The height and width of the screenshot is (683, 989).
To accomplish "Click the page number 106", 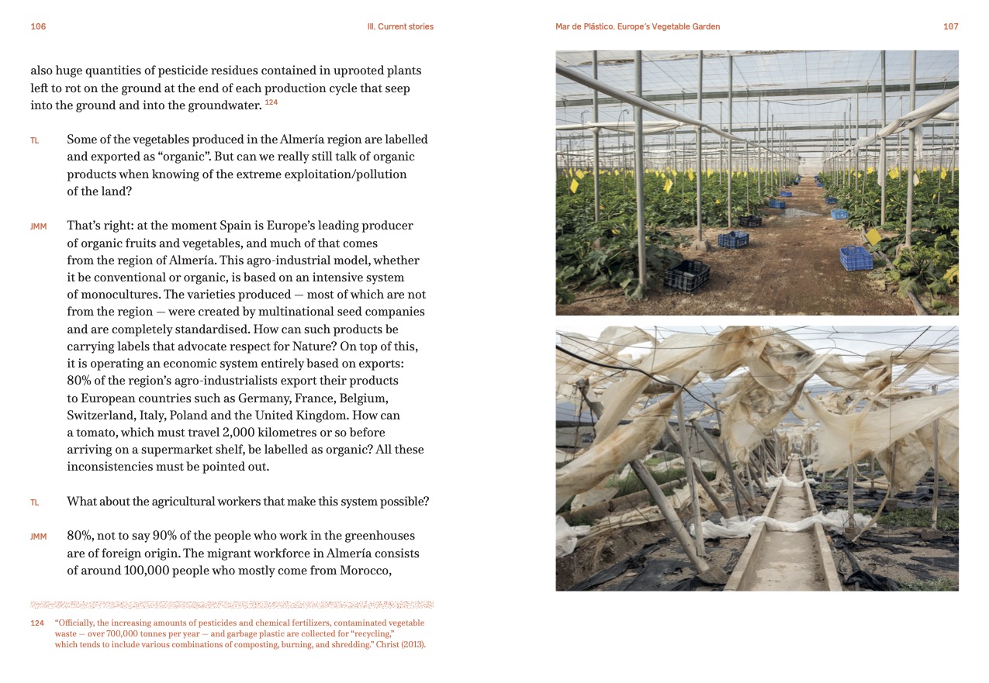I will pyautogui.click(x=38, y=26).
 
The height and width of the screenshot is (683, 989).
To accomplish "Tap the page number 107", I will pyautogui.click(x=950, y=26).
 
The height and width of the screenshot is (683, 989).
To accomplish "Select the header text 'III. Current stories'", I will pyautogui.click(x=399, y=26).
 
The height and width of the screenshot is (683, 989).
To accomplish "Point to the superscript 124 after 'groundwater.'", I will pyautogui.click(x=271, y=102).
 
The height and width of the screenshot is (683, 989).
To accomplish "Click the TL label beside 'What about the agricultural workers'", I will pyautogui.click(x=35, y=502).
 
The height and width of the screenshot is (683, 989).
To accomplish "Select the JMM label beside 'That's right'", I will pyautogui.click(x=38, y=226).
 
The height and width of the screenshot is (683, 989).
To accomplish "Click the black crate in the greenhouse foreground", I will pyautogui.click(x=686, y=274).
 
